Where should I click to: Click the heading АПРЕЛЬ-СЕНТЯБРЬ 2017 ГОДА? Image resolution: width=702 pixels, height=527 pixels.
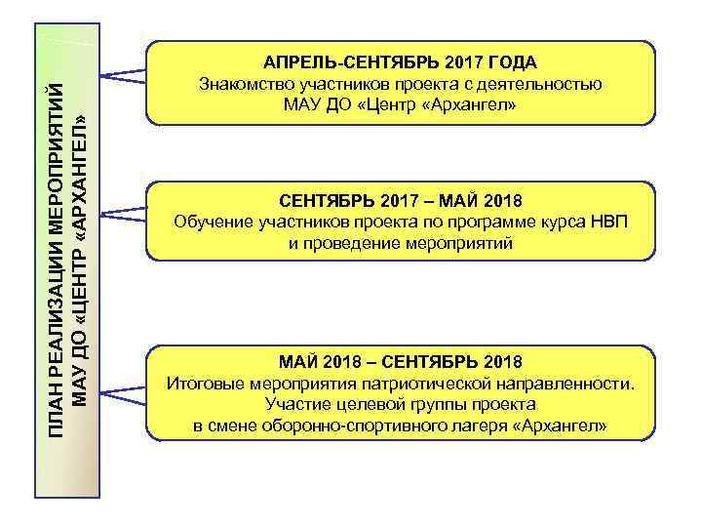click(x=401, y=63)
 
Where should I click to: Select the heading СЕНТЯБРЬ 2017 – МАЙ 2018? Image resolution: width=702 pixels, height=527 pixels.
click(x=401, y=202)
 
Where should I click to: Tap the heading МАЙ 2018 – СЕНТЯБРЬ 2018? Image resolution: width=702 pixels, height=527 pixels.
click(x=401, y=362)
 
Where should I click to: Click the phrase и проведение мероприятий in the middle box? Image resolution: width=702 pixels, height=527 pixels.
click(x=401, y=243)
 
